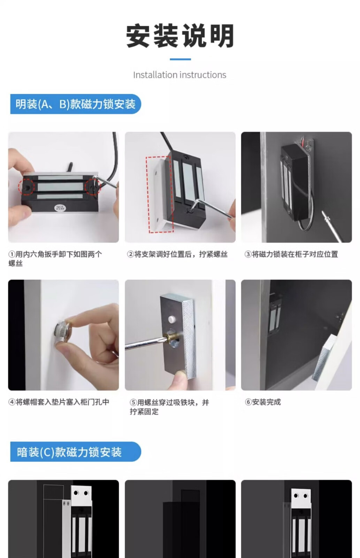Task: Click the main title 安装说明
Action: tap(180, 36)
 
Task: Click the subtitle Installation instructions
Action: tap(179, 75)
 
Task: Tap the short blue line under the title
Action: tap(180, 59)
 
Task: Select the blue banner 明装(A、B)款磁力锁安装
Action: tap(75, 104)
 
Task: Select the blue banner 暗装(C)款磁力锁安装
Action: tap(75, 452)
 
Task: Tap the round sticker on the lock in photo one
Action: tap(60, 208)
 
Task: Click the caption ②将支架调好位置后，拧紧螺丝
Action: tap(177, 254)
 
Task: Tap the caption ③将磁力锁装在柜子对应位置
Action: tap(291, 254)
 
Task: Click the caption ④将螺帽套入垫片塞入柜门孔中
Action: tap(59, 402)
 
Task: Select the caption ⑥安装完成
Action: tap(263, 402)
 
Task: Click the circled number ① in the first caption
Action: tap(12, 254)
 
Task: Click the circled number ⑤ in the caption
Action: tap(133, 403)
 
